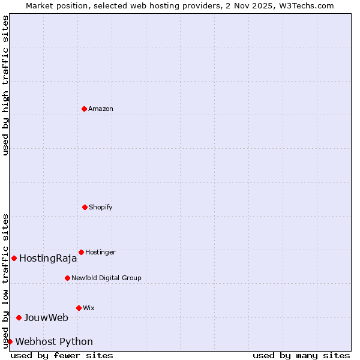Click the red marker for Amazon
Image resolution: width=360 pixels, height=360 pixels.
pyautogui.click(x=84, y=109)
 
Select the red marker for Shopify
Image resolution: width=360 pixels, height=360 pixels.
pyautogui.click(x=85, y=207)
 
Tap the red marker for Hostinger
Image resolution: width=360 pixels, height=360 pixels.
pyautogui.click(x=81, y=252)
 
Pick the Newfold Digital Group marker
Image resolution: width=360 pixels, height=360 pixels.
pyautogui.click(x=67, y=278)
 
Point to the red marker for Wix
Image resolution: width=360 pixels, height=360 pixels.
pyautogui.click(x=79, y=308)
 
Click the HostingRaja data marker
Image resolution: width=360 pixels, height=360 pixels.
pyautogui.click(x=14, y=258)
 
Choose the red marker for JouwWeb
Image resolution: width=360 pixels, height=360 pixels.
pyautogui.click(x=19, y=317)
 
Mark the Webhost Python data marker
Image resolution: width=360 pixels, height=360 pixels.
pyautogui.click(x=10, y=341)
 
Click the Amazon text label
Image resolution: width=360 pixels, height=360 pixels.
pyautogui.click(x=101, y=109)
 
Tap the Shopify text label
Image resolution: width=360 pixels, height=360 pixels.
pyautogui.click(x=101, y=207)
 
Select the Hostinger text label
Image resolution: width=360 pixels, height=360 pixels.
pyautogui.click(x=100, y=252)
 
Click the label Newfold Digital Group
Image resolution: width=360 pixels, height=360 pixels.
pyautogui.click(x=106, y=278)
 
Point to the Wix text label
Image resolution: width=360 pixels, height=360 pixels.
pyautogui.click(x=89, y=308)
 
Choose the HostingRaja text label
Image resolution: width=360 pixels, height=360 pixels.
pyautogui.click(x=48, y=259)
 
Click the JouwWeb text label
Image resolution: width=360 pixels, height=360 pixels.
pyautogui.click(x=46, y=317)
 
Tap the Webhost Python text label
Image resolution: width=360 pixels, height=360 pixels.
pyautogui.click(x=54, y=342)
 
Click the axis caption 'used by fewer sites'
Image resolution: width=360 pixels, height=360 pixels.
pyautogui.click(x=62, y=355)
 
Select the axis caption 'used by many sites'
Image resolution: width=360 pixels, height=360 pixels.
pyautogui.click(x=301, y=355)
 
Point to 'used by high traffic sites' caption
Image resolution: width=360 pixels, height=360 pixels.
pyautogui.click(x=5, y=85)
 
